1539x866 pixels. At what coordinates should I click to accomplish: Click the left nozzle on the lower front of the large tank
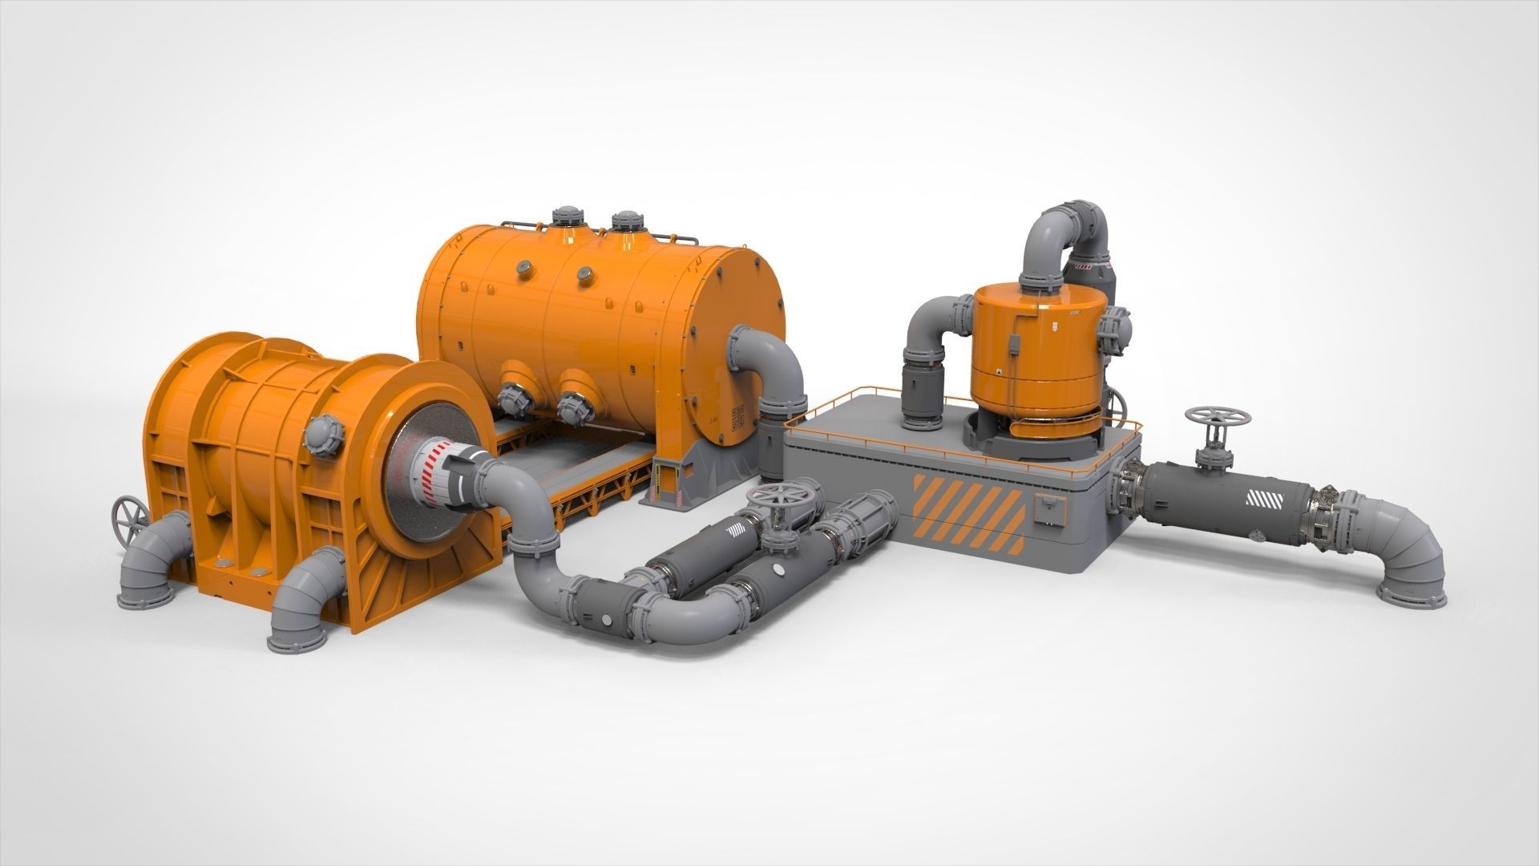click(x=513, y=399)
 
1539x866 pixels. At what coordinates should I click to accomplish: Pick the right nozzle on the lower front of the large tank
click(x=572, y=406)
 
